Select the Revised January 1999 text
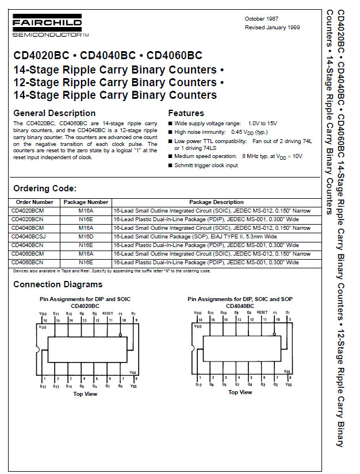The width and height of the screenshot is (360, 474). point(272,28)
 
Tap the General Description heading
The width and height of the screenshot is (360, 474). point(55,113)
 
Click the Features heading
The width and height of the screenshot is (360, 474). point(186,113)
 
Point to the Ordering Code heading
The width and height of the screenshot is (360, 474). point(45,188)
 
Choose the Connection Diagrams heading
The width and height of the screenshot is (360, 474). point(58,284)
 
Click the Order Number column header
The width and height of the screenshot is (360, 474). point(35,202)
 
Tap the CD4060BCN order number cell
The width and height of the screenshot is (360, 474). point(28,263)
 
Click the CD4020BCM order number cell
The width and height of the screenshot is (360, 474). point(28,211)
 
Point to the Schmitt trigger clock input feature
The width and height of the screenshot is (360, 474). point(206,165)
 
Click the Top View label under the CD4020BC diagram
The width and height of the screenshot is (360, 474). point(85,394)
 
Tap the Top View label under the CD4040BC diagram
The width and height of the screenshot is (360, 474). point(240,392)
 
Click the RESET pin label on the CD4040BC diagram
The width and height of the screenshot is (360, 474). point(262,313)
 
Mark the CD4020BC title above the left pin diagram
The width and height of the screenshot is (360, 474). point(85,306)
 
